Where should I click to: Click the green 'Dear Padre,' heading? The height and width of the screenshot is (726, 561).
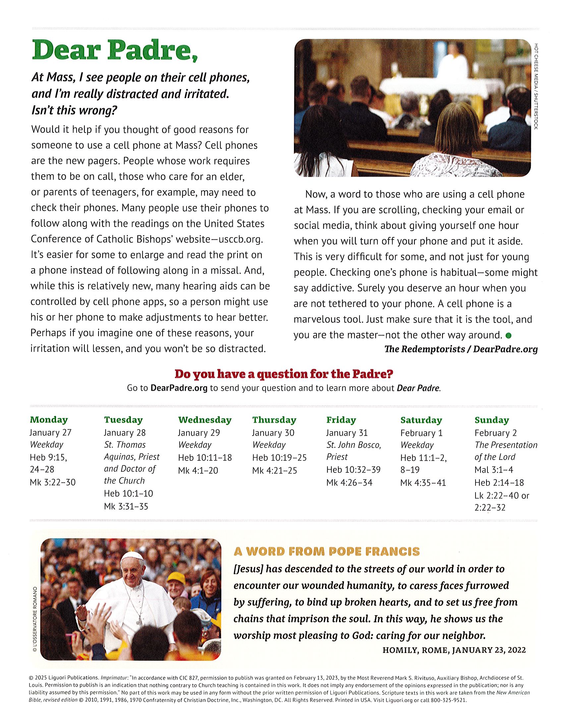point(115,50)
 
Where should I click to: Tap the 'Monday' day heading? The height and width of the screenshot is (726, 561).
point(49,420)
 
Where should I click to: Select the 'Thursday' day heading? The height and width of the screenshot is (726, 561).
point(274,420)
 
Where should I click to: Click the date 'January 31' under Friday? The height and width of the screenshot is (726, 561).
point(347,433)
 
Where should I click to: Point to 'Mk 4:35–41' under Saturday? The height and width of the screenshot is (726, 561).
point(423,483)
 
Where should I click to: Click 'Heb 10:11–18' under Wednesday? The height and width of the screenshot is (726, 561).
point(205,458)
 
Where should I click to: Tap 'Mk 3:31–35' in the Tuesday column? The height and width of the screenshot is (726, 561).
point(126,507)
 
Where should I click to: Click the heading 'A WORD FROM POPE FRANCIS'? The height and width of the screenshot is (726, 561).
point(326,552)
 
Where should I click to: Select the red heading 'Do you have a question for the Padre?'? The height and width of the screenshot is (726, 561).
point(284,374)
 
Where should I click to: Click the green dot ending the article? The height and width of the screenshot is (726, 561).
point(508,336)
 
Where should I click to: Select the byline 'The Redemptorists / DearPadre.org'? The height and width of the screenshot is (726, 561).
point(461,349)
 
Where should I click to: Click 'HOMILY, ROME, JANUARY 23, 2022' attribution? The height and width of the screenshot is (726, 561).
point(454,650)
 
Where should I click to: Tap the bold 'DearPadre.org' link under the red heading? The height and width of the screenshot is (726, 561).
point(179,388)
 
